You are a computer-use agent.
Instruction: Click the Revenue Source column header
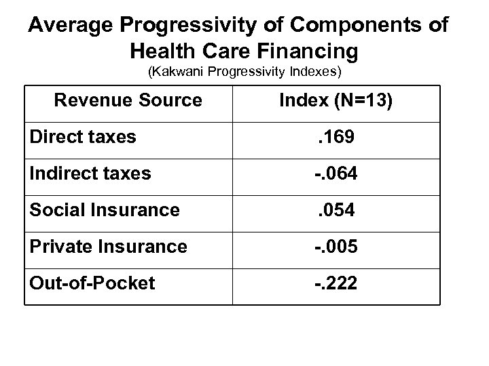[x=128, y=100]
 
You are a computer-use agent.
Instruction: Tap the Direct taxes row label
[x=83, y=138]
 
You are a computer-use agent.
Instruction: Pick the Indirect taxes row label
[x=90, y=174]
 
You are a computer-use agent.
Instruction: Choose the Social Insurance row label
[x=105, y=210]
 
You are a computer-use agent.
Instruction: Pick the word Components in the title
[x=348, y=26]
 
